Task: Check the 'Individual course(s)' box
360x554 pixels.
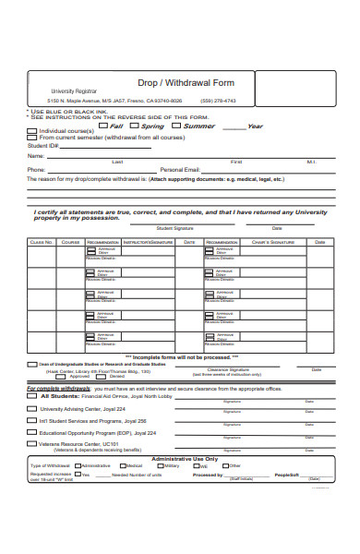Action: (33, 131)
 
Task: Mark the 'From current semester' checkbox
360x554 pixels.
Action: (33, 138)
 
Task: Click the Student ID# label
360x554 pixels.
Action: (43, 145)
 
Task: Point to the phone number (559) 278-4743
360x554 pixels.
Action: (219, 101)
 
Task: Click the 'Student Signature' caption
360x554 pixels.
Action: (174, 227)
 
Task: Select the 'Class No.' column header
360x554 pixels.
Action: (42, 242)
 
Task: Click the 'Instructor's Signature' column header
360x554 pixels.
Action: (149, 242)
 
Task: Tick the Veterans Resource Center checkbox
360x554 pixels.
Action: (33, 418)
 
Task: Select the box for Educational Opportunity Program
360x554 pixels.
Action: (33, 407)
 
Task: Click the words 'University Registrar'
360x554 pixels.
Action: (74, 91)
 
